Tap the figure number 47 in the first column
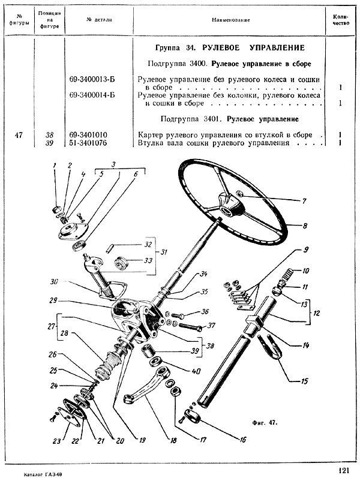click(19, 135)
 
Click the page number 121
click(344, 470)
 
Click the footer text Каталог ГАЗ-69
click(40, 473)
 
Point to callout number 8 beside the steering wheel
click(305, 226)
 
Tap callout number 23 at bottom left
click(56, 441)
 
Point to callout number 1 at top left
click(53, 165)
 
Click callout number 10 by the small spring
click(305, 271)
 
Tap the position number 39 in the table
click(49, 143)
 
